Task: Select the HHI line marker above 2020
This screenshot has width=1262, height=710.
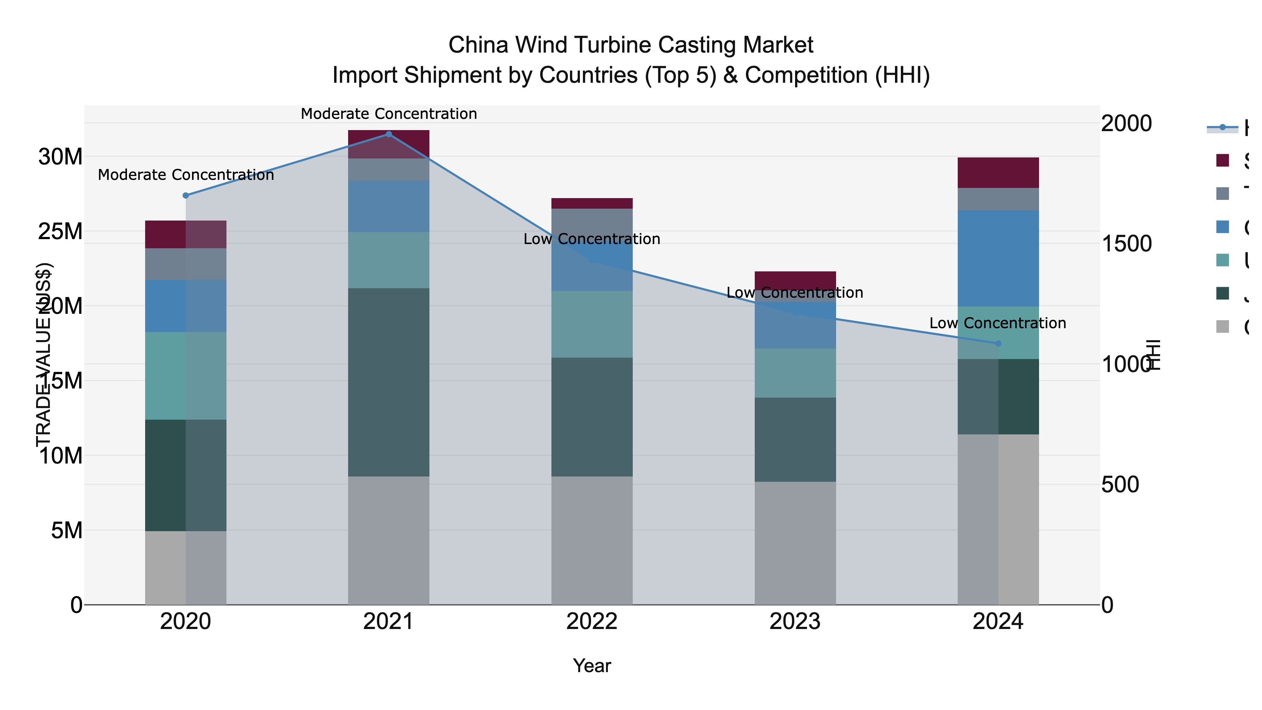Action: point(186,196)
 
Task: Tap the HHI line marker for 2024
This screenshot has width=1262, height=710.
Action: point(998,344)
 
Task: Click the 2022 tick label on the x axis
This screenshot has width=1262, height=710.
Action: point(592,623)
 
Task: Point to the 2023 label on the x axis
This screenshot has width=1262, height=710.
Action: point(795,623)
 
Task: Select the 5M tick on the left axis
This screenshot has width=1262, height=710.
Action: point(67,530)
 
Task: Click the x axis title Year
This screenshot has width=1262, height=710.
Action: point(592,666)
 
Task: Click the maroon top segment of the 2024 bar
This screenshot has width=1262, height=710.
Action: point(998,173)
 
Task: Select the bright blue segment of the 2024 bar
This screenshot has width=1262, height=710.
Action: point(998,258)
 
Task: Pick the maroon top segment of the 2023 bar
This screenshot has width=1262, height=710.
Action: point(795,280)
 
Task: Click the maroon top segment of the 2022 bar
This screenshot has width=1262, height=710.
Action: point(592,203)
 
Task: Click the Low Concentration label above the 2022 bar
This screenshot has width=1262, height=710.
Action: point(592,239)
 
